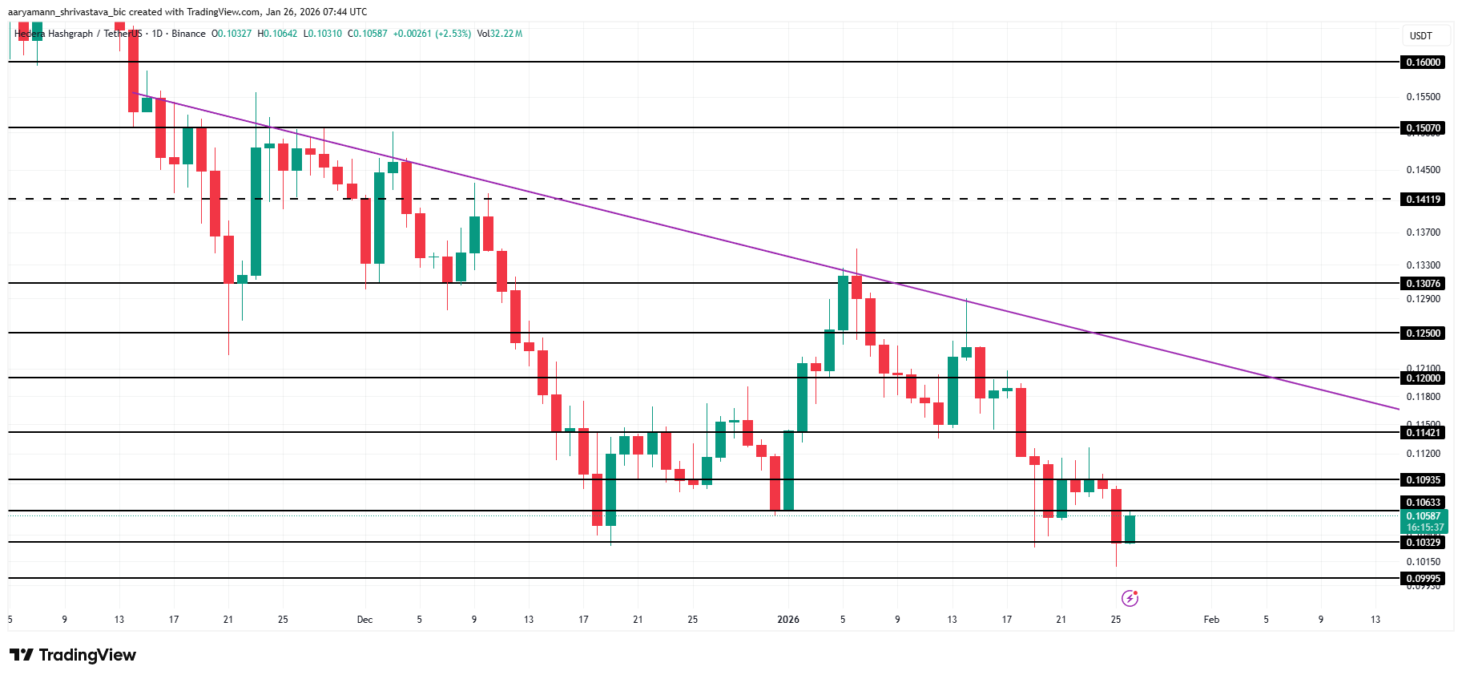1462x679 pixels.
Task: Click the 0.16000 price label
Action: point(1423,63)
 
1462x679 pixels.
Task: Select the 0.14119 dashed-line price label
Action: point(1423,200)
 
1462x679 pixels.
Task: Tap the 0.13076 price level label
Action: point(1423,284)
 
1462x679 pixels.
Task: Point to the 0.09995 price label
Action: point(1423,579)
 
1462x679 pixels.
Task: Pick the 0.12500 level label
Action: point(1423,333)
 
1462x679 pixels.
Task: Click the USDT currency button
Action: point(1420,36)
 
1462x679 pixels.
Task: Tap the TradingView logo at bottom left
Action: point(72,655)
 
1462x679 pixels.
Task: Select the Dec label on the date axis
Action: point(364,620)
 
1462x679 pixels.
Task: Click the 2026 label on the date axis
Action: point(788,620)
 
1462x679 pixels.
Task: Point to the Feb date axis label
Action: point(1211,620)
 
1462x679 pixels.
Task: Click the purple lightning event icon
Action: point(1130,598)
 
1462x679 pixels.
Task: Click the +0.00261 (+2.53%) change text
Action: point(432,34)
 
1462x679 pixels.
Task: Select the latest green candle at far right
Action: point(1130,529)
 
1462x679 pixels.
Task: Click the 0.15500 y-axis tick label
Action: point(1423,97)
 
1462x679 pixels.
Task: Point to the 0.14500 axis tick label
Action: point(1423,170)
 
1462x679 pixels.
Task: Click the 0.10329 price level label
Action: point(1423,543)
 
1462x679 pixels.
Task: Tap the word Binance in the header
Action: point(188,34)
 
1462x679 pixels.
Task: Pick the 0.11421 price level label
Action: point(1423,433)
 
